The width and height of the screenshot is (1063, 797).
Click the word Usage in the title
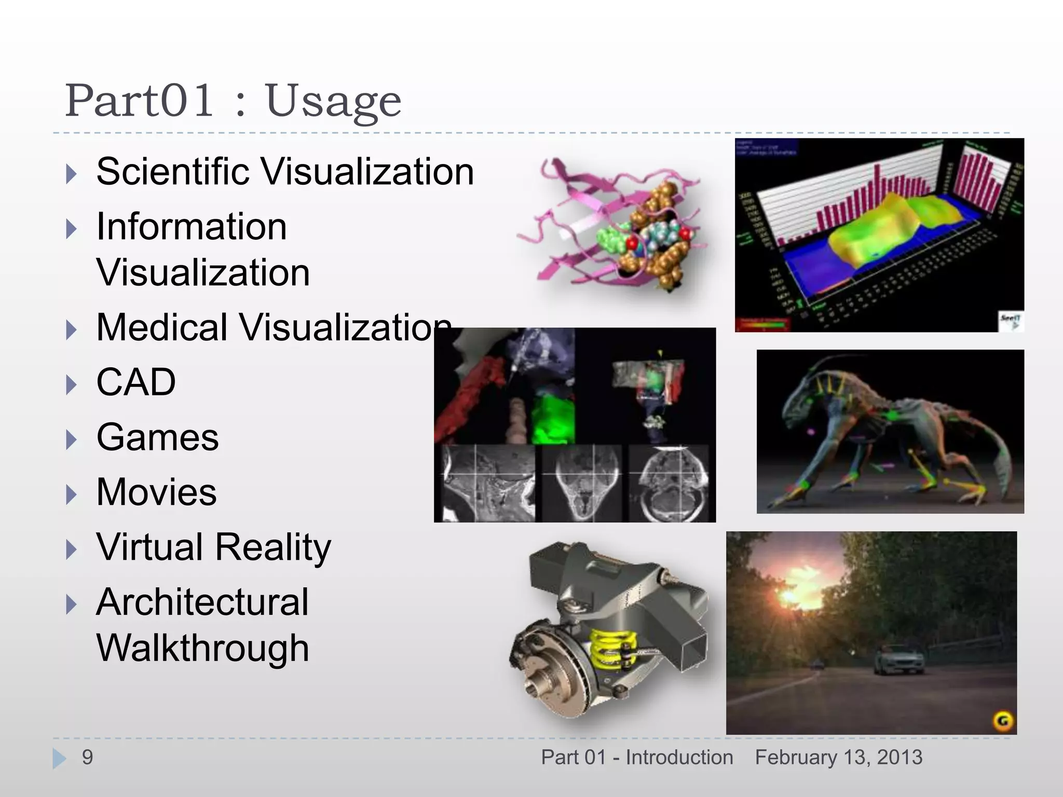click(333, 101)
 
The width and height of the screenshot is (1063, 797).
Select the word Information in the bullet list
click(192, 227)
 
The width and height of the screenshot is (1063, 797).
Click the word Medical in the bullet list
click(161, 327)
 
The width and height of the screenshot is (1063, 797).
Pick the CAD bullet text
click(136, 382)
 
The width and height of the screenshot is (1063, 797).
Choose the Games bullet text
click(157, 437)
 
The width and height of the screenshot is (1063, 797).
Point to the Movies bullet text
click(156, 492)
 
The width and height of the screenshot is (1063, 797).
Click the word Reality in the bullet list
click(273, 547)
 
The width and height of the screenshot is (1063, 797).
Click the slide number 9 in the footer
click(87, 758)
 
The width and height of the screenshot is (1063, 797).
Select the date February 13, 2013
click(839, 758)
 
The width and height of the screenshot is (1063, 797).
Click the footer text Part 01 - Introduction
click(637, 758)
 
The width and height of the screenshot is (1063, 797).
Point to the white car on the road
click(899, 660)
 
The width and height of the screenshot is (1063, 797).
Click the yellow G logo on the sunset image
click(1003, 721)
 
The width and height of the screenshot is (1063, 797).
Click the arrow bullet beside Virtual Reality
click(72, 549)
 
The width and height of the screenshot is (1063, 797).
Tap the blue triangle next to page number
click(59, 758)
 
